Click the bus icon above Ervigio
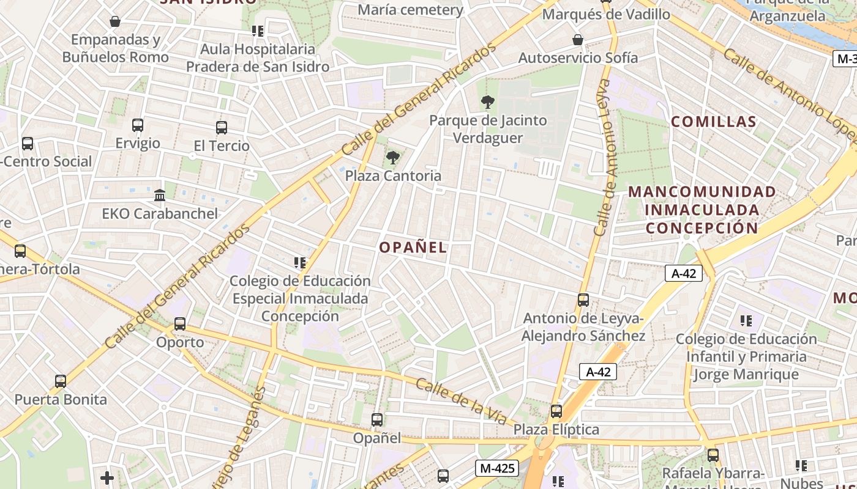(138, 125)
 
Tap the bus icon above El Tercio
(222, 128)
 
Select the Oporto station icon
(180, 324)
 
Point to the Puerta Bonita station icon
(61, 381)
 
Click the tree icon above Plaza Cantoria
(393, 158)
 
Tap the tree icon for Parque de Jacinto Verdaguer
(488, 102)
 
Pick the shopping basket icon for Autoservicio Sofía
(578, 40)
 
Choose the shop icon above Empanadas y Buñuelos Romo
(115, 22)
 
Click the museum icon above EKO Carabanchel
(160, 196)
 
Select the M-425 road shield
(497, 469)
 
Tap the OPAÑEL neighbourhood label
(413, 248)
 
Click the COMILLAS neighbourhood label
(714, 122)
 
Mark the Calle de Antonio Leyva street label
(604, 157)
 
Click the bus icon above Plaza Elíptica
(556, 411)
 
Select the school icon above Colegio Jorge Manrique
(746, 320)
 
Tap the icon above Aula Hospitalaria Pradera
(258, 31)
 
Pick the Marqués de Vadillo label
(607, 14)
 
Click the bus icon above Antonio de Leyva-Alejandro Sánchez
(583, 300)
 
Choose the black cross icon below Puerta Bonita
(107, 477)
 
